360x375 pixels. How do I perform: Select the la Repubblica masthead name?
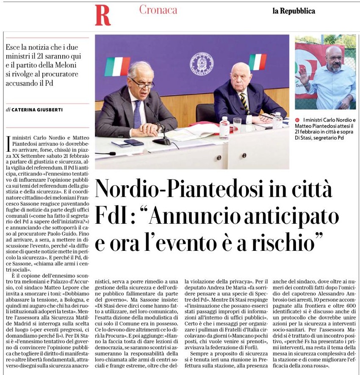pyautogui.click(x=294, y=11)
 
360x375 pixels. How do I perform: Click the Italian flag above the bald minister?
pyautogui.click(x=257, y=62)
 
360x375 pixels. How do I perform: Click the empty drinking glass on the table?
pyautogui.click(x=237, y=125)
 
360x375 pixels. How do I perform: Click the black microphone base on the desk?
pyautogui.click(x=163, y=141)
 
